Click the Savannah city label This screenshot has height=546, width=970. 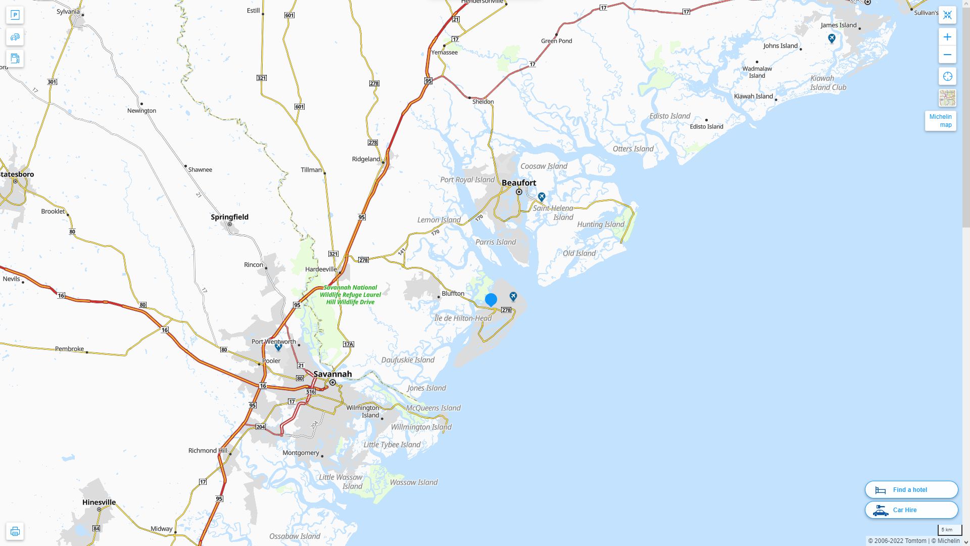[332, 374]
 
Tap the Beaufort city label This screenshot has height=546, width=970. [519, 183]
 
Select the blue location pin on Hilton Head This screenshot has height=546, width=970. [491, 299]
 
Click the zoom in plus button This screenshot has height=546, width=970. [947, 37]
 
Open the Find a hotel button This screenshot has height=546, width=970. [911, 489]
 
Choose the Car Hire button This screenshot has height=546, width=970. [911, 510]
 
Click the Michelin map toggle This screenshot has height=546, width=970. [940, 121]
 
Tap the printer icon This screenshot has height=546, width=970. [15, 531]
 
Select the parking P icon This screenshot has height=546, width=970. [15, 15]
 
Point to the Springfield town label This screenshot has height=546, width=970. [229, 217]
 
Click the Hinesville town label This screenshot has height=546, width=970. [99, 502]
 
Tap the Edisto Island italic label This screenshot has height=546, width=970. [669, 116]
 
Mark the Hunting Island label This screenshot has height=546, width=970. [601, 224]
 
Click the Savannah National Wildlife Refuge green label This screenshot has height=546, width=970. [350, 295]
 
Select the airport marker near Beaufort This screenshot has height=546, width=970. [542, 196]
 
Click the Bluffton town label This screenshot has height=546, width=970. [453, 293]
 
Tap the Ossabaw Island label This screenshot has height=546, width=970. [295, 536]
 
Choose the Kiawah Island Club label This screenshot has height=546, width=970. [828, 83]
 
